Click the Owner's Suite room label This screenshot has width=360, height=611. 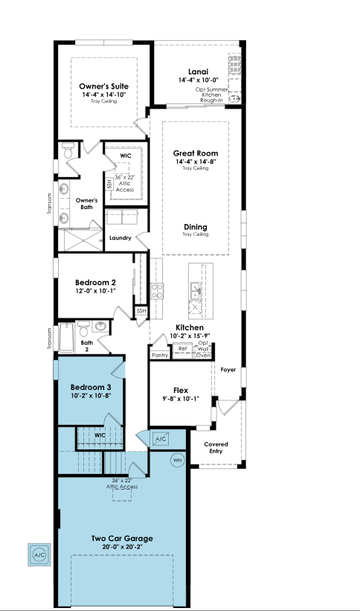click(103, 86)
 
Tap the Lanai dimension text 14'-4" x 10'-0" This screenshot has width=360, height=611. click(198, 80)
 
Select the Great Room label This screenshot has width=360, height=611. click(196, 153)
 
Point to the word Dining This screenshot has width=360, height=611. click(196, 227)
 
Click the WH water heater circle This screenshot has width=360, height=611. click(178, 461)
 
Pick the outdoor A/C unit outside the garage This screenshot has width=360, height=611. click(39, 554)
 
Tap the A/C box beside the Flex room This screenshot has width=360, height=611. click(161, 439)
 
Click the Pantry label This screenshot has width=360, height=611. click(160, 356)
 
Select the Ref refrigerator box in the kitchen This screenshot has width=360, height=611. click(182, 349)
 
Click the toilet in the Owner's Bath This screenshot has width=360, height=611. click(68, 150)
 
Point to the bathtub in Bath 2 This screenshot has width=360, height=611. click(66, 338)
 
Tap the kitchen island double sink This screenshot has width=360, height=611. click(195, 291)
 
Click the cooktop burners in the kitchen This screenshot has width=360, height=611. click(157, 291)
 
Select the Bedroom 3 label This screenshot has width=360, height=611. click(91, 387)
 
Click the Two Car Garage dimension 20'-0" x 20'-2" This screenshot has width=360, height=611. click(122, 546)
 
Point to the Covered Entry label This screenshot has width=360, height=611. click(216, 448)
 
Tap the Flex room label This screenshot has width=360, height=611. click(181, 390)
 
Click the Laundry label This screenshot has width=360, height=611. click(120, 237)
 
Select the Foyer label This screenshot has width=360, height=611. click(228, 370)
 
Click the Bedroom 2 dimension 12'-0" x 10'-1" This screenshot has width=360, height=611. click(95, 291)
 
